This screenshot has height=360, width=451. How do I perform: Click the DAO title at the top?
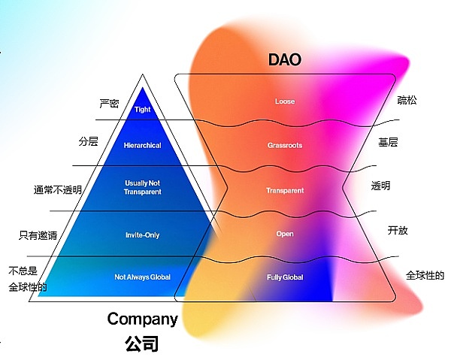284,60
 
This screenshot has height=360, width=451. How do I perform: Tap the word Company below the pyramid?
142,319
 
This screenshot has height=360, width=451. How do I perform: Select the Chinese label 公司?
142,345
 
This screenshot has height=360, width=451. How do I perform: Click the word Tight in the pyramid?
142,110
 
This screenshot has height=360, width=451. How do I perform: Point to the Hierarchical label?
142,145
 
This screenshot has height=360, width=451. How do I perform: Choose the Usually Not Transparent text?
142,187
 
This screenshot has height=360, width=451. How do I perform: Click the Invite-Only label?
142,235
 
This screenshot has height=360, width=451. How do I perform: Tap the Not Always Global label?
142,277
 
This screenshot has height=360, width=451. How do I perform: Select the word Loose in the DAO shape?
285,101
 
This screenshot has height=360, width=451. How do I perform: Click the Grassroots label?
285,145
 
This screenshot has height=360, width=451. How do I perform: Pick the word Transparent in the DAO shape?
285,191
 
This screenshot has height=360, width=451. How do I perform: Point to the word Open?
285,234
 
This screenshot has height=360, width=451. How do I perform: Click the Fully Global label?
285,277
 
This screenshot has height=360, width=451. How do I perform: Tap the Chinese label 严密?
109,103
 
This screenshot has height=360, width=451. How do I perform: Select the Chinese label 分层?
89,141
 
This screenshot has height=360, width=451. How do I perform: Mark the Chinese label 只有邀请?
38,235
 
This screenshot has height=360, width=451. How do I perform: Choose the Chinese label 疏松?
407,100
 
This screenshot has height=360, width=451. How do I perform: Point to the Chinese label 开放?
398,230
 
